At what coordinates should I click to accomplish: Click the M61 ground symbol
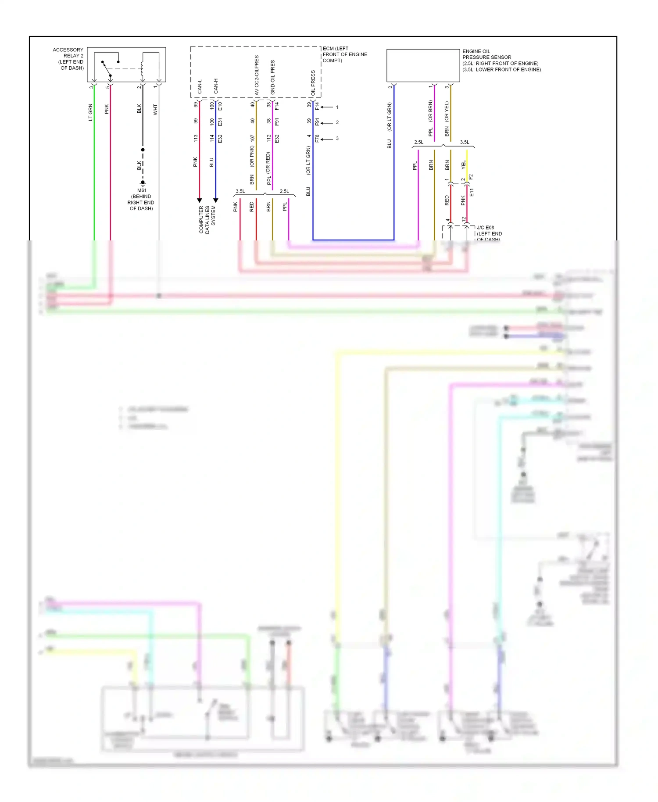click(143, 183)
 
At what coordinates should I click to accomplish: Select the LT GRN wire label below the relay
click(90, 112)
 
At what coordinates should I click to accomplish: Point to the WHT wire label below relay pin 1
click(155, 110)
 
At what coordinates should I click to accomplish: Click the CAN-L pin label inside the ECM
click(200, 86)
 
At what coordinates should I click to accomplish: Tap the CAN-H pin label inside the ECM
click(216, 86)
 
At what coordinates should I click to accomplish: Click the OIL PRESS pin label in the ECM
click(313, 83)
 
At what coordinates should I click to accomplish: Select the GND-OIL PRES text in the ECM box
click(272, 77)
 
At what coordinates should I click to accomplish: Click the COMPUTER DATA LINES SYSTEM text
click(207, 219)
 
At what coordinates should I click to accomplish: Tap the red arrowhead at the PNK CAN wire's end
click(200, 200)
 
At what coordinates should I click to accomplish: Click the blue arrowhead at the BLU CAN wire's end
click(216, 200)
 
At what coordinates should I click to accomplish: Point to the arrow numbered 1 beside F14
click(327, 107)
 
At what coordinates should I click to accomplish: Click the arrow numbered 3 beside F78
click(327, 139)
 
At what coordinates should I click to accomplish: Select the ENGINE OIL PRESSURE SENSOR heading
click(486, 54)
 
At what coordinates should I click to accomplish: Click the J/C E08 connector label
click(485, 228)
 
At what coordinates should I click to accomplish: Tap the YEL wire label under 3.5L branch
click(464, 165)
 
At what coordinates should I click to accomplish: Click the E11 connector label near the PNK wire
click(472, 192)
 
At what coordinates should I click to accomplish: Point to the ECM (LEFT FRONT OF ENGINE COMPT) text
click(345, 54)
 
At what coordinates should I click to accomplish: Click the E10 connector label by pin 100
click(220, 106)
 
